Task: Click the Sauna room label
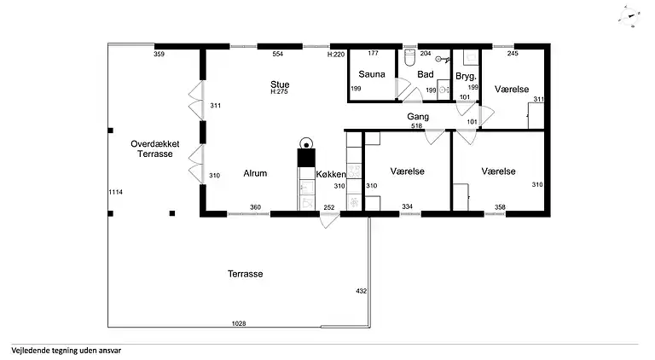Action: pyautogui.click(x=371, y=74)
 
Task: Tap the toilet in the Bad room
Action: pyautogui.click(x=410, y=58)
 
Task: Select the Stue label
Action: pyautogui.click(x=280, y=84)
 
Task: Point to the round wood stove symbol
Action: pyautogui.click(x=307, y=144)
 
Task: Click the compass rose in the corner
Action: pyautogui.click(x=629, y=17)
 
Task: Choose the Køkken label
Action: pyautogui.click(x=331, y=175)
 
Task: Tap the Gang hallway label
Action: pyautogui.click(x=418, y=117)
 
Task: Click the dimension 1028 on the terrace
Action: pyautogui.click(x=239, y=323)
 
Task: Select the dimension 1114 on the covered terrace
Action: pyautogui.click(x=116, y=192)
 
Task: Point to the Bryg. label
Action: pyautogui.click(x=466, y=77)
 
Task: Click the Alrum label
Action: pyautogui.click(x=255, y=173)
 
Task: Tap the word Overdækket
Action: pyautogui.click(x=155, y=143)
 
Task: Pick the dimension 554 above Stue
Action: pyautogui.click(x=278, y=54)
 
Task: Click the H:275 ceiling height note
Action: pyautogui.click(x=279, y=92)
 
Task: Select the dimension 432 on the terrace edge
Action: pyautogui.click(x=362, y=291)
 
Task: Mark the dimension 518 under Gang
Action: pyautogui.click(x=416, y=125)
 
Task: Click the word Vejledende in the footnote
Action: pyautogui.click(x=31, y=351)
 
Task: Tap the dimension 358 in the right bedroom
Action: pyautogui.click(x=500, y=207)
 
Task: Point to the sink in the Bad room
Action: pyautogui.click(x=443, y=90)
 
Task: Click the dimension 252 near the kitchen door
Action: pyautogui.click(x=329, y=207)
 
